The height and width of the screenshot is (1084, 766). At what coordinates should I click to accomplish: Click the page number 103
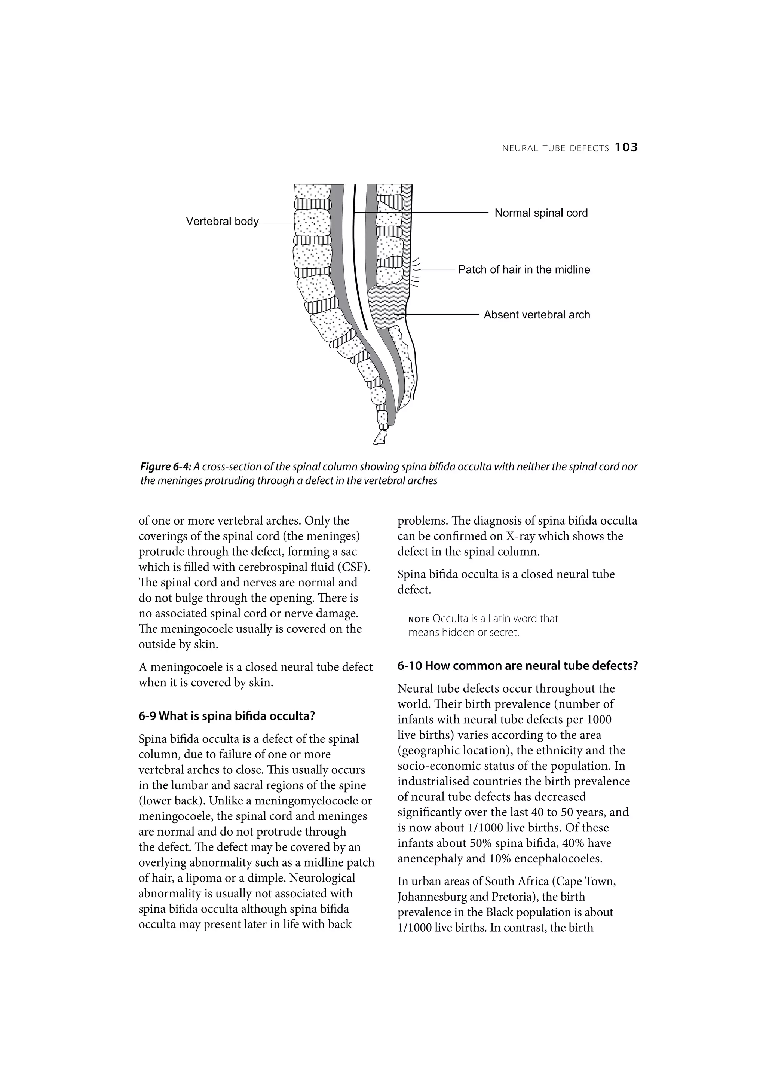(626, 148)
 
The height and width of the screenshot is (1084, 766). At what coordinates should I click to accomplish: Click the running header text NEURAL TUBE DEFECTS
(555, 148)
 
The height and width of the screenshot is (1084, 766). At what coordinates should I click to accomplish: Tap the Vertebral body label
(222, 222)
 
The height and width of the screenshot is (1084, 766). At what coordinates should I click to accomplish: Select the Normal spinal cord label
(541, 213)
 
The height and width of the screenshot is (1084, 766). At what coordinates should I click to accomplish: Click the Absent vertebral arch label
(537, 315)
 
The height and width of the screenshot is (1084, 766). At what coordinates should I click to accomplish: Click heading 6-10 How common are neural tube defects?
(517, 666)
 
